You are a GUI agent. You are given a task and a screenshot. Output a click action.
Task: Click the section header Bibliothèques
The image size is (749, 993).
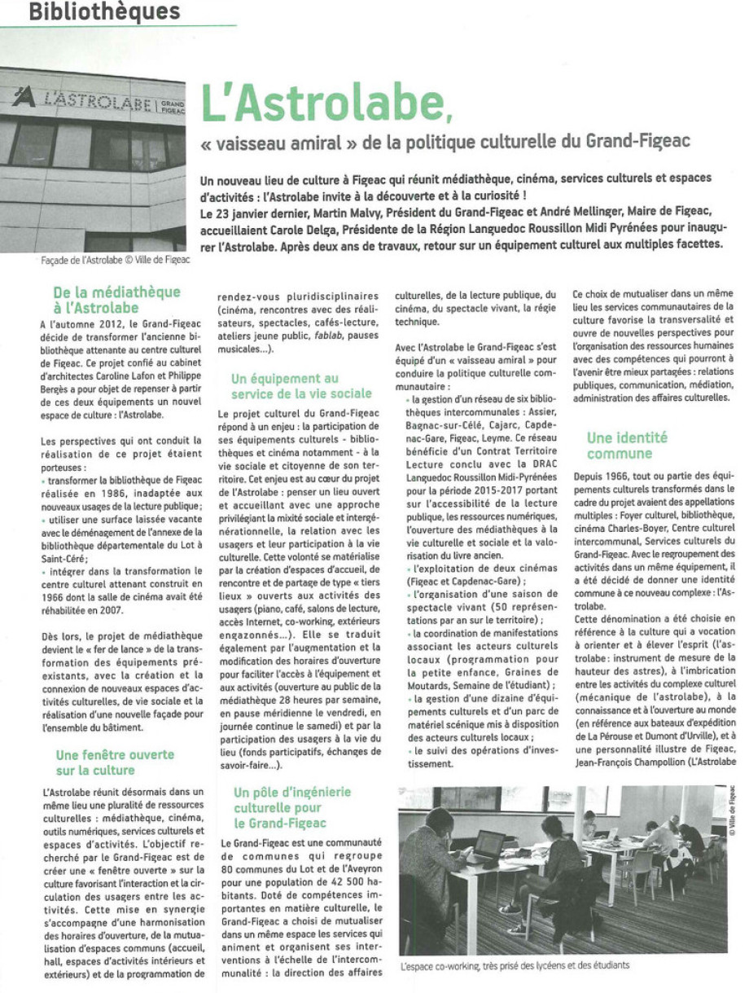pyautogui.click(x=103, y=12)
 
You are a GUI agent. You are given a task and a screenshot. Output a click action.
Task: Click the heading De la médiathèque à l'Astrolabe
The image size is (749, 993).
pyautogui.click(x=116, y=300)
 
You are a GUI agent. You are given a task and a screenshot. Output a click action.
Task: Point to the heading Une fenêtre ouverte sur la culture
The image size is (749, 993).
pyautogui.click(x=116, y=762)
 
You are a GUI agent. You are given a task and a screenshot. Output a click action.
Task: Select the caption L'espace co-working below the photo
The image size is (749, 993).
pyautogui.click(x=515, y=966)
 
